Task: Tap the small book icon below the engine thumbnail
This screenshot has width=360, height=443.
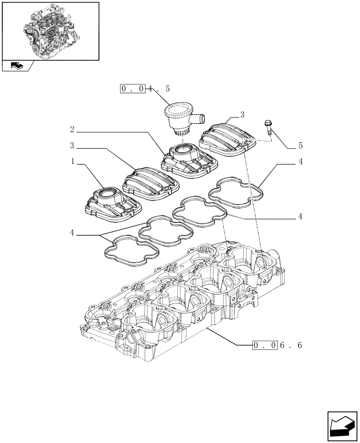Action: [16, 66]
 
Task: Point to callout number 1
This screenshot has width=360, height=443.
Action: [72, 163]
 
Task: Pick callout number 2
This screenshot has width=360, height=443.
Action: [72, 130]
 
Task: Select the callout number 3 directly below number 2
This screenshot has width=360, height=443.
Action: [72, 146]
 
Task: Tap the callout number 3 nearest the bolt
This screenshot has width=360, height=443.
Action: [242, 115]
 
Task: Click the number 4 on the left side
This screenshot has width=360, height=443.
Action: [72, 233]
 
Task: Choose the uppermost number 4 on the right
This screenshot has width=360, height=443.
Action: [301, 162]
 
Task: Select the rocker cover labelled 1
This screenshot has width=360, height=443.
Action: [113, 204]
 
